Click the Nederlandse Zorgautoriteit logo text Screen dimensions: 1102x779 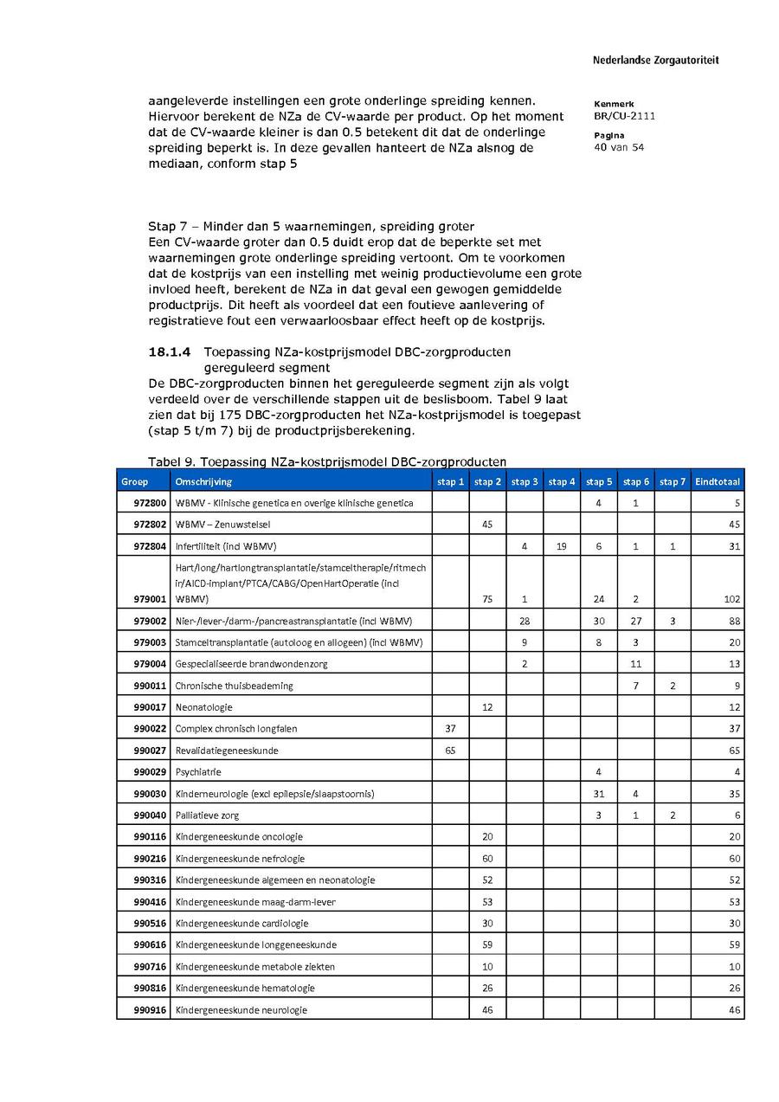pyautogui.click(x=655, y=61)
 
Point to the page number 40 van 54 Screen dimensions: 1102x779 pyautogui.click(x=619, y=147)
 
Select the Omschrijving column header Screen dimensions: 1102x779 pyautogui.click(x=203, y=481)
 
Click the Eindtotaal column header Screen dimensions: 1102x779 pyautogui.click(x=718, y=481)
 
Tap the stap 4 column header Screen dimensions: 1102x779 pyautogui.click(x=562, y=481)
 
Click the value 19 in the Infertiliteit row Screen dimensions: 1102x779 pyautogui.click(x=562, y=546)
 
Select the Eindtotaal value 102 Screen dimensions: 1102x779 pyautogui.click(x=731, y=599)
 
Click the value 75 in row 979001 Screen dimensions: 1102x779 pyautogui.click(x=487, y=599)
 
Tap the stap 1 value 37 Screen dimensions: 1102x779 pyautogui.click(x=450, y=729)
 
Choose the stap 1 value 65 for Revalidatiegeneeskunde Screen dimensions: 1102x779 pyautogui.click(x=450, y=751)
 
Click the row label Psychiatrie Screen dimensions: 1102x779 pyautogui.click(x=198, y=772)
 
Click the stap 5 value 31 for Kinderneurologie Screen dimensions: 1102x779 pyautogui.click(x=599, y=794)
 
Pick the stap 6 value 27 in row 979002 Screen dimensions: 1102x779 pyautogui.click(x=636, y=621)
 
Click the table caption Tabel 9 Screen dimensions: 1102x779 pyautogui.click(x=326, y=461)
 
